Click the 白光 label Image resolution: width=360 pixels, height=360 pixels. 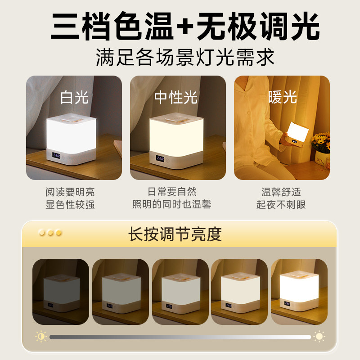coord(74,97)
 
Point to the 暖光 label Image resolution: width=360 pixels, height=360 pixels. coord(282,97)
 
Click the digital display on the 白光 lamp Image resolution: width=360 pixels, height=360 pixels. coord(57,155)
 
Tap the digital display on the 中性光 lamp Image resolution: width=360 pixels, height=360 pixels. coord(160,158)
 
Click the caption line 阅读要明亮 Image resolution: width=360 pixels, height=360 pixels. coord(70,192)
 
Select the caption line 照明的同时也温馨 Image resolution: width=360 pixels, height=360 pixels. coord(172,205)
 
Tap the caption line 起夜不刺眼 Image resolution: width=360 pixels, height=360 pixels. coord(281,205)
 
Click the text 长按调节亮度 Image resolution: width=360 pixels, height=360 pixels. coord(175,234)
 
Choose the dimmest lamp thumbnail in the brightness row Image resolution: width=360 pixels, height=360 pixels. coord(60,292)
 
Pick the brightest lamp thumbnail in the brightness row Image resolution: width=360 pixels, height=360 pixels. coord(299,292)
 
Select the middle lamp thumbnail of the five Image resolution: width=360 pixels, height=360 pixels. coord(180,292)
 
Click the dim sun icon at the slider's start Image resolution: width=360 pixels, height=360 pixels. coord(41,336)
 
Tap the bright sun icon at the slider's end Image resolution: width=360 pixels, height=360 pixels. coord(319,336)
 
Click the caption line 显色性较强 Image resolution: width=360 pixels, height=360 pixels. coord(70,205)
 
